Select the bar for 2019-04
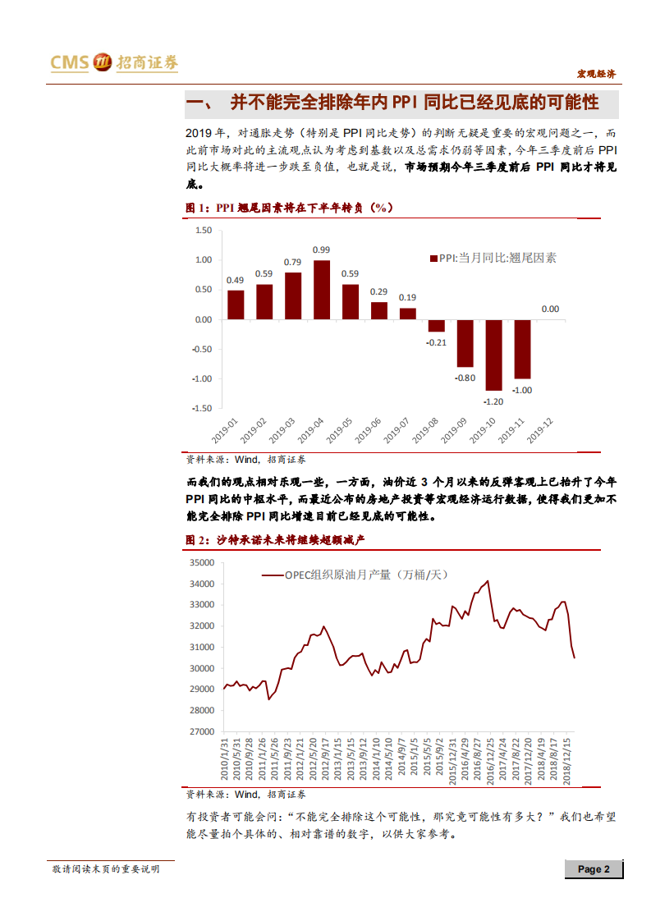(x=322, y=290)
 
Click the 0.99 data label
(x=322, y=250)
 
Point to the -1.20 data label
(x=493, y=402)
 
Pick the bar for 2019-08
(x=436, y=326)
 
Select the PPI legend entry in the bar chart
(x=493, y=257)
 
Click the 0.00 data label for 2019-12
(x=550, y=309)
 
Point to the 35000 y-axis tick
(x=201, y=563)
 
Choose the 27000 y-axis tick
(x=201, y=731)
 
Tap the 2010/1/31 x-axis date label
(x=224, y=758)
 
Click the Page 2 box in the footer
(x=593, y=869)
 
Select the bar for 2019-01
(x=236, y=305)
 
